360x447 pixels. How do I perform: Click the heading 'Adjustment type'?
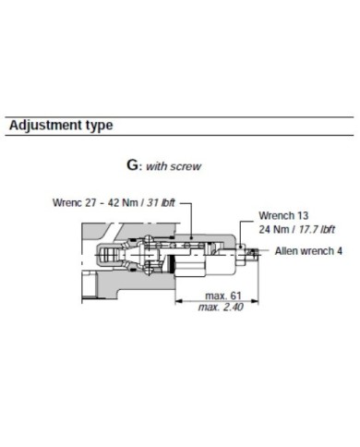(x=60, y=124)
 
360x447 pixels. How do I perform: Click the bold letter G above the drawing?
(x=131, y=167)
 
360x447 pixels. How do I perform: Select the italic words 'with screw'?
(x=173, y=168)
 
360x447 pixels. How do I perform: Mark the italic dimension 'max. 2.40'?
(x=219, y=307)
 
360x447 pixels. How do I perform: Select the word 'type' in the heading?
(x=98, y=125)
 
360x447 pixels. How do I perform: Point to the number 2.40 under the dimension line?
(x=231, y=307)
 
